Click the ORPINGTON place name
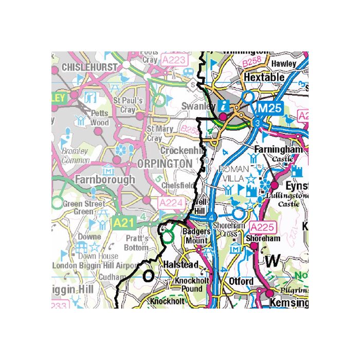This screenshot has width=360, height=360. point(165,163)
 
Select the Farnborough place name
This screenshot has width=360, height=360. point(104,180)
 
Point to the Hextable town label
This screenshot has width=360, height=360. point(264,77)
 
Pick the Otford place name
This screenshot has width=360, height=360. point(241,281)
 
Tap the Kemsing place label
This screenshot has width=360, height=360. point(289,303)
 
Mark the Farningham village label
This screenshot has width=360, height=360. point(278,149)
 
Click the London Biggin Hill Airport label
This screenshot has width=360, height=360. point(96,265)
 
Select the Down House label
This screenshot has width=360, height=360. point(98,256)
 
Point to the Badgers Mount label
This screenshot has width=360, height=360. point(196,236)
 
